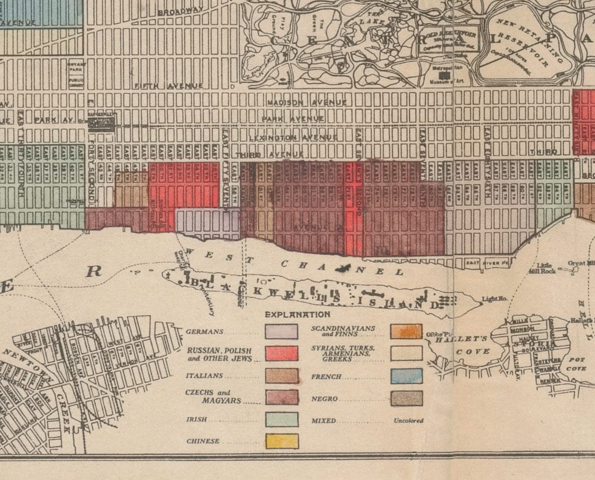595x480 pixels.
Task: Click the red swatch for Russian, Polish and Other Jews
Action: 281,353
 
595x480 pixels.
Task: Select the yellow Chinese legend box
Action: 281,441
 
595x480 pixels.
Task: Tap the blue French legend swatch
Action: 406,376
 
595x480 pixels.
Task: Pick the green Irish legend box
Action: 281,419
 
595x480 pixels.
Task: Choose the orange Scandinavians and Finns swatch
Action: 406,331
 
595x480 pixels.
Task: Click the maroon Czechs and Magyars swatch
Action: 281,397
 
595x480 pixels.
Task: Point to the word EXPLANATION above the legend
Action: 297,314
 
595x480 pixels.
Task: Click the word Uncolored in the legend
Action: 408,421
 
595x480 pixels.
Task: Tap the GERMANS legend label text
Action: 204,332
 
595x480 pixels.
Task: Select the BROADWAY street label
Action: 180,12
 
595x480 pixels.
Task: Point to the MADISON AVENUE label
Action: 306,102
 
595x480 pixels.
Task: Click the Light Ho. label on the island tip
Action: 494,299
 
